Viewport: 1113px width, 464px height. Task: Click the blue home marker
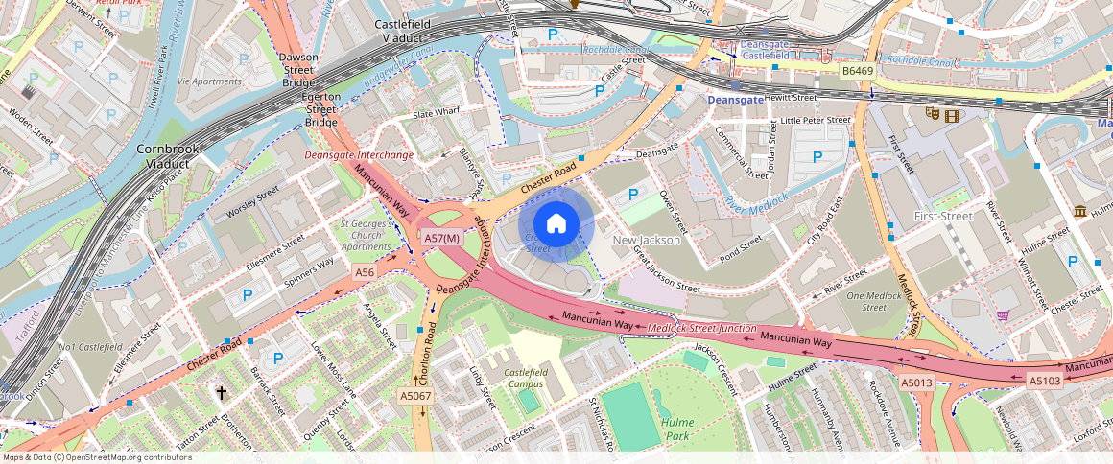pos(556,223)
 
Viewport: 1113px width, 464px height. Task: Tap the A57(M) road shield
pos(443,239)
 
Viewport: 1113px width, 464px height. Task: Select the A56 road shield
pos(365,273)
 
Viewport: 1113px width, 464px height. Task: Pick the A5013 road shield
pos(915,383)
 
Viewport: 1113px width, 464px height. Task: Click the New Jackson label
pos(646,240)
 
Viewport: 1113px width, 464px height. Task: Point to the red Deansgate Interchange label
pos(359,154)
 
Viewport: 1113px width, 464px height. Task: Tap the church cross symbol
pos(222,393)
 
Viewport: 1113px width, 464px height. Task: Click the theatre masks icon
pos(931,113)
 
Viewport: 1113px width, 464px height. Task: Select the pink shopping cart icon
pos(1002,314)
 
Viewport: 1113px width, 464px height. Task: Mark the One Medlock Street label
pos(873,302)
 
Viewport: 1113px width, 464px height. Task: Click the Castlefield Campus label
pos(524,378)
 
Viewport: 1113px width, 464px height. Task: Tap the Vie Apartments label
pos(209,81)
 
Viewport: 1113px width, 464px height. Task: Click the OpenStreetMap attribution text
pos(96,457)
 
